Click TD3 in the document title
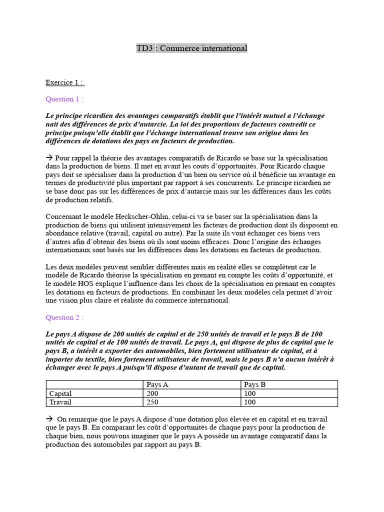145,48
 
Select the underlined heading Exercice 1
65,82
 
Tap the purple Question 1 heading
64,99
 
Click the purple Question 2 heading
64,317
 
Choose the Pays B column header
255,384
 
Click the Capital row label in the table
60,393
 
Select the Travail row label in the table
60,402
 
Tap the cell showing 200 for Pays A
152,393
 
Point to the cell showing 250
152,402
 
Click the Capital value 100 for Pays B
249,393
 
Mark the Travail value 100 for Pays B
249,402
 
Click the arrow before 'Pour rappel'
49,157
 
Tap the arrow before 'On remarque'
49,419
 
